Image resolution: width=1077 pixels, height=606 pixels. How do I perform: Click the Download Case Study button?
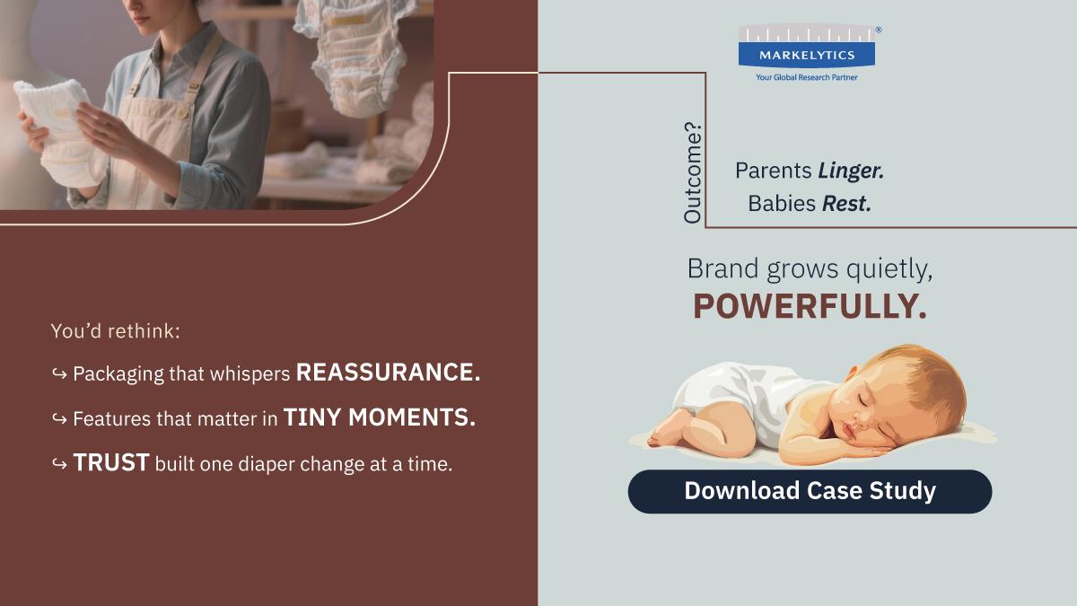click(x=810, y=491)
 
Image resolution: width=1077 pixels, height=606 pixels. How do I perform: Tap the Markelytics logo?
click(x=806, y=47)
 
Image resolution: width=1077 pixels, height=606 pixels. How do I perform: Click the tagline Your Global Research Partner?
click(x=806, y=78)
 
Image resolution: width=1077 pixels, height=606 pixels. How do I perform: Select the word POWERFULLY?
click(x=810, y=307)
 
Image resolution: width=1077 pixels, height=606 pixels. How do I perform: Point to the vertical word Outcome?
click(x=693, y=178)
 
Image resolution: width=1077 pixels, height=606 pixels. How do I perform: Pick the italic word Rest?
click(x=846, y=204)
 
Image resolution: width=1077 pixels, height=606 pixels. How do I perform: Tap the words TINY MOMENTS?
click(x=380, y=417)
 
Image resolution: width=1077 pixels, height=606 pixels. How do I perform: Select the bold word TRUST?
click(x=111, y=462)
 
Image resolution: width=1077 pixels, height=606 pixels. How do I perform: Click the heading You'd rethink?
click(x=116, y=330)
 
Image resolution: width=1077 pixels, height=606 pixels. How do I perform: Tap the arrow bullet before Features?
click(x=59, y=418)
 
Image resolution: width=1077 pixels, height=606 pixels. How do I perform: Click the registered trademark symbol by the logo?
click(x=878, y=30)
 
